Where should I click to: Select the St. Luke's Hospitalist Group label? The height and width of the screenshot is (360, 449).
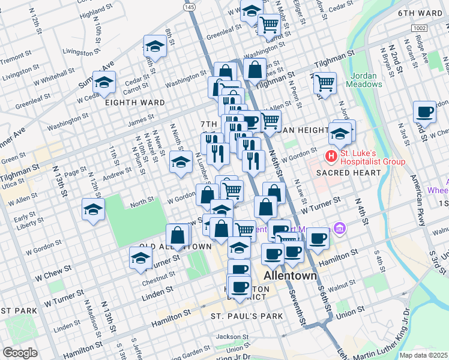tap(372, 157)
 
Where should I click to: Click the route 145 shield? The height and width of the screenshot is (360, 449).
tap(190, 7)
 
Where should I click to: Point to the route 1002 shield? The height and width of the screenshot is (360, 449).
tap(418, 28)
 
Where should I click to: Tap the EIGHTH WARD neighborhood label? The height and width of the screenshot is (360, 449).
tap(135, 103)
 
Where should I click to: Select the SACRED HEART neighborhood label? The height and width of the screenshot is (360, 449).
tap(349, 173)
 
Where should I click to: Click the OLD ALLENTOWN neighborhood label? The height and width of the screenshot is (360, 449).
tap(175, 247)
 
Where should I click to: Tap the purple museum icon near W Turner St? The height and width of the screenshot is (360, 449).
tap(340, 228)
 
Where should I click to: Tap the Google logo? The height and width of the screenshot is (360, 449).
tap(20, 353)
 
